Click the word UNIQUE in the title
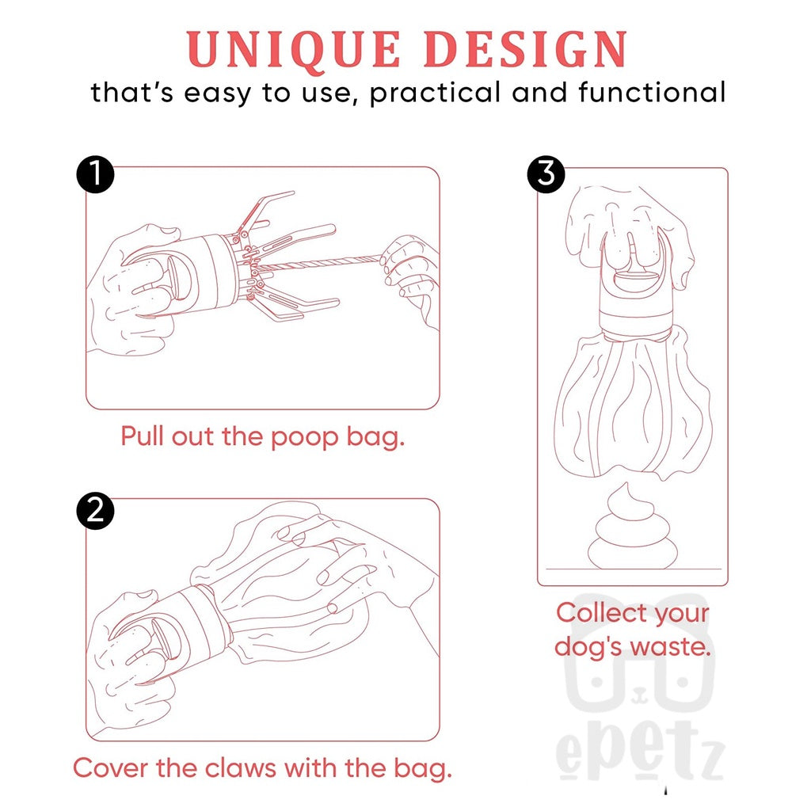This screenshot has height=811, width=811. pos(294,49)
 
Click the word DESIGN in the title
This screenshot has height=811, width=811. pos(527,49)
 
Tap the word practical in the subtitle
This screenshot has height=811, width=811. pos(435,93)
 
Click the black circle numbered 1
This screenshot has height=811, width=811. pos(95,175)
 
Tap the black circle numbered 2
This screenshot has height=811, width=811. pos(95,511)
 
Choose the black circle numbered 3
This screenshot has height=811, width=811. pos(546,175)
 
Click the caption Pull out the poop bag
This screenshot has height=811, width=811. pos(262,436)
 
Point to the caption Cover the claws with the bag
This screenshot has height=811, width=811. pos(262,768)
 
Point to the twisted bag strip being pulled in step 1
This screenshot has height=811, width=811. pos(321,264)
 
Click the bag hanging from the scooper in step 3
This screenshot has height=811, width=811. pos(633,403)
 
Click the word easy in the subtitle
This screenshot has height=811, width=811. pos(218,95)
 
